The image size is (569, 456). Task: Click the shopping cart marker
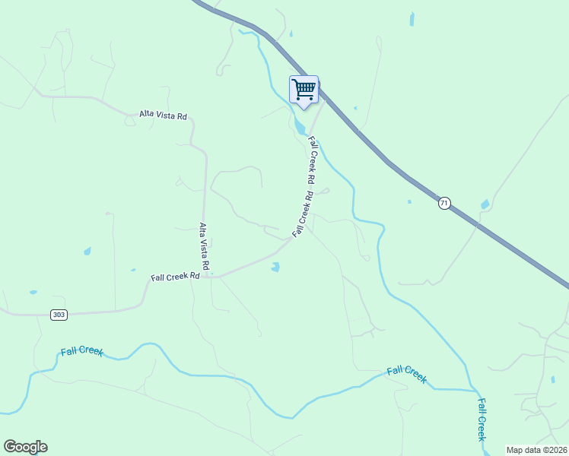pos(304,90)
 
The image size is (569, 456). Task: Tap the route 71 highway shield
pos(445,203)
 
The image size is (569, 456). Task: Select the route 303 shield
pos(59,315)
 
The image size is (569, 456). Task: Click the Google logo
pos(25,447)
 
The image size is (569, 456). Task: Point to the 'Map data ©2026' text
pos(536,450)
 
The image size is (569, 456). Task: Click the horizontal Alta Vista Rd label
pos(163,115)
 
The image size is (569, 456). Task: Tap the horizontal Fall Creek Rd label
pos(175,277)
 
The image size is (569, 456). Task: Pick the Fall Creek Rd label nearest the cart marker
pos(312,160)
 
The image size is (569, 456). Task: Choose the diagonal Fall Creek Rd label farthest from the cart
pos(302,214)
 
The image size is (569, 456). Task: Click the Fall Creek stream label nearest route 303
pos(81,352)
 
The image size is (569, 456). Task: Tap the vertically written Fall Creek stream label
pos(482,419)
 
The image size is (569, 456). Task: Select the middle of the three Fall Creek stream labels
pos(406,374)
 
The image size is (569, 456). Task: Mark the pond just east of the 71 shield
pos(485,204)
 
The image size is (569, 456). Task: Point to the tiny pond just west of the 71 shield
pos(409,201)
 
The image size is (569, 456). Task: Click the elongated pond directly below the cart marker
pos(300,126)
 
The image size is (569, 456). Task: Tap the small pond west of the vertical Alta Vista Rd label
pos(87,251)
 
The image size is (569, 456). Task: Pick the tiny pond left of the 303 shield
pos(33,292)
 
